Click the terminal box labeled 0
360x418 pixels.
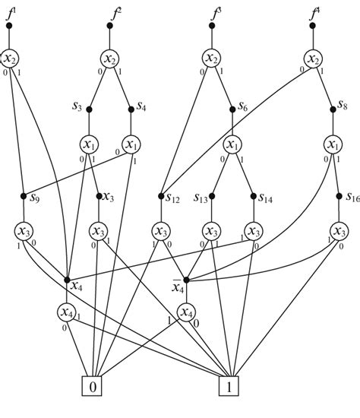(93, 387)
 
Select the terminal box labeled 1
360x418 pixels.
(230, 387)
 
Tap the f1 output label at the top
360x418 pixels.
(11, 12)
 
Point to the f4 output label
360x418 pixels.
(314, 12)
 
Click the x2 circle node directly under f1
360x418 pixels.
(9, 59)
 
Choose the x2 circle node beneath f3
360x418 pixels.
(213, 59)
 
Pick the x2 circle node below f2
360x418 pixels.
(111, 59)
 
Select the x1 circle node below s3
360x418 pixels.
(90, 144)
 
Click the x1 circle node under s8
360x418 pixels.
(333, 144)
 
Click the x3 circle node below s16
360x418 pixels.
(339, 231)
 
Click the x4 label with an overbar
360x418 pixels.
(177, 284)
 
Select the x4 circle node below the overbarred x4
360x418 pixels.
(185, 312)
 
